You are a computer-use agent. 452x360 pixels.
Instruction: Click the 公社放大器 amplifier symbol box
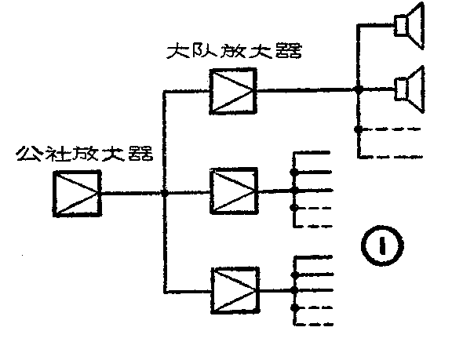click(x=76, y=193)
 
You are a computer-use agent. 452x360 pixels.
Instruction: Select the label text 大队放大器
click(x=236, y=53)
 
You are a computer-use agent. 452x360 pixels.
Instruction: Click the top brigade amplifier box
click(x=234, y=90)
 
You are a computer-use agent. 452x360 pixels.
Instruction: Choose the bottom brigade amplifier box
click(x=234, y=290)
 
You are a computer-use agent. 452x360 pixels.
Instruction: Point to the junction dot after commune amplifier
click(x=163, y=193)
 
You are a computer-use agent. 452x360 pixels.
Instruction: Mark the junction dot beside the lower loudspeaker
click(x=358, y=91)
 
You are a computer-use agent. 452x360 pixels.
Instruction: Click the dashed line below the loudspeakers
click(x=392, y=129)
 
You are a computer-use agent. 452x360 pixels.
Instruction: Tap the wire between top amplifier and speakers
click(x=306, y=91)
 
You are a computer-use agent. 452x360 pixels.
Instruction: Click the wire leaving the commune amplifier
click(x=129, y=193)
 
